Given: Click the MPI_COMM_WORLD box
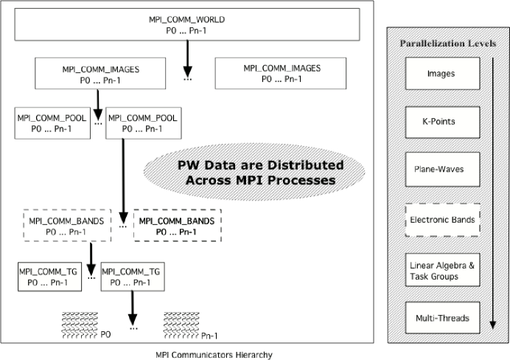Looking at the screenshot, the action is pos(187,24).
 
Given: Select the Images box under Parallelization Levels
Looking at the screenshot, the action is pos(442,74).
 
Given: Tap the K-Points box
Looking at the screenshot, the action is pos(442,122).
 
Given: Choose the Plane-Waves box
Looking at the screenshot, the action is pos(442,169).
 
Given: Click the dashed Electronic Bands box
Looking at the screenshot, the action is pos(442,220).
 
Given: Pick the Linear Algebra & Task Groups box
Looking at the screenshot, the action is pos(442,270).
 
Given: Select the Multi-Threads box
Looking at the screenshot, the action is pos(442,318).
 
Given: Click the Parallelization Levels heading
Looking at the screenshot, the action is pos(448,44).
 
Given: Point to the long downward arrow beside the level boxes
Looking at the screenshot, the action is pos(493,193).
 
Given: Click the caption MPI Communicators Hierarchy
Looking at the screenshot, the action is pos(214,355).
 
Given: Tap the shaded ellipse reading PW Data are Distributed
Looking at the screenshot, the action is pos(254,172).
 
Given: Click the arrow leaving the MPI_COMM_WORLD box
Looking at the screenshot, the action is pos(187,58).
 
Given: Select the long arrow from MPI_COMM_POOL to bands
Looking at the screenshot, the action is pos(123,181).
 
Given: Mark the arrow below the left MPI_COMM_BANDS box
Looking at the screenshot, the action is pos(91,260).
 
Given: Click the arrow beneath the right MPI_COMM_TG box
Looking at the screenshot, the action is pos(133,308).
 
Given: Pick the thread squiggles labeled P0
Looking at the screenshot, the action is pos(80,325).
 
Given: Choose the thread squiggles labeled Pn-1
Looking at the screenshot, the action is pos(181,325).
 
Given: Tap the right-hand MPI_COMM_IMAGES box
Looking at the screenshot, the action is pos(281,73).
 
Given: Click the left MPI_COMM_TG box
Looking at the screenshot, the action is pos(50,277).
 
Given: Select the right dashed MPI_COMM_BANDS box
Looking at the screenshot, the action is pos(178,226).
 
